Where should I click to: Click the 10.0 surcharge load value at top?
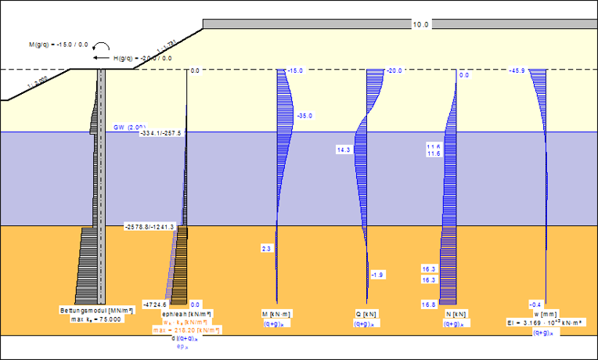click(x=421, y=25)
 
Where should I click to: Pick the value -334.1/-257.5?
click(x=160, y=133)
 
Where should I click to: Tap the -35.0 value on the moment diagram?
click(x=304, y=116)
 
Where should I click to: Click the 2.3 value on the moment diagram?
click(x=266, y=248)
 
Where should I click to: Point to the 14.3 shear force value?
click(x=343, y=149)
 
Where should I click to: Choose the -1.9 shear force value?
click(x=377, y=275)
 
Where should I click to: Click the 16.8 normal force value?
click(x=428, y=304)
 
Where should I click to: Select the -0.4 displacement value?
click(x=535, y=304)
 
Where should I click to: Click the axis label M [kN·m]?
click(x=278, y=314)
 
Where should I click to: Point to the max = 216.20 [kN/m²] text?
click(x=186, y=330)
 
